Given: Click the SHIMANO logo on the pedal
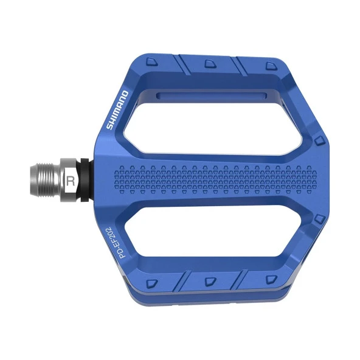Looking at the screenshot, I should tap(117, 109).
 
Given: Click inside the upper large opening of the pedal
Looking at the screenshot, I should tap(225, 125).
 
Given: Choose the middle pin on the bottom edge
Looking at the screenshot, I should tap(209, 282).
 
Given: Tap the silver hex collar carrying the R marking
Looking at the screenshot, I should tap(71, 180).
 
